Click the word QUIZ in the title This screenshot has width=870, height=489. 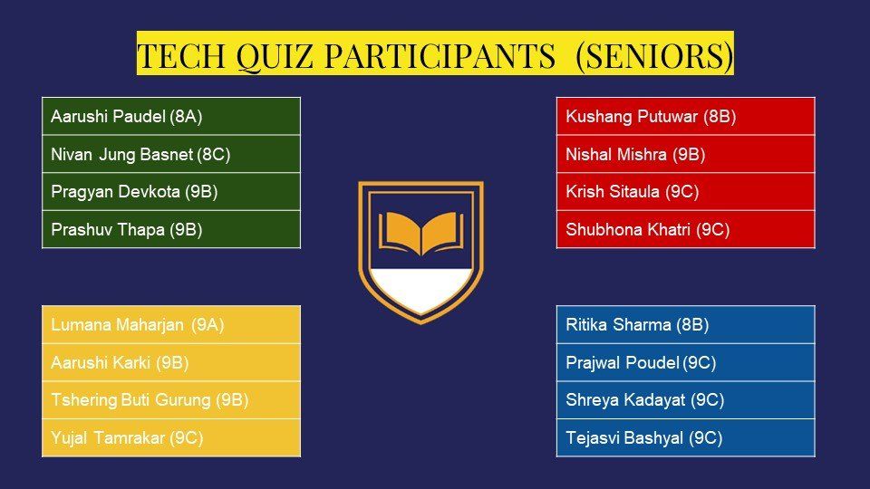pyautogui.click(x=274, y=56)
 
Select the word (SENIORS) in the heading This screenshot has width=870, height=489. pyautogui.click(x=654, y=56)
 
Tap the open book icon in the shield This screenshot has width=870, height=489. pyautogui.click(x=421, y=233)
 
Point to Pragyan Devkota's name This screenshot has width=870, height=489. pyautogui.click(x=115, y=192)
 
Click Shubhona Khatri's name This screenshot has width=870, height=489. pyautogui.click(x=628, y=229)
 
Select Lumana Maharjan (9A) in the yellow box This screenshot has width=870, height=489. pyautogui.click(x=138, y=325)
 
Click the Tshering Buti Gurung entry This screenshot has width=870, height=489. pyautogui.click(x=130, y=399)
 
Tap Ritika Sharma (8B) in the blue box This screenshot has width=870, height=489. pyautogui.click(x=637, y=325)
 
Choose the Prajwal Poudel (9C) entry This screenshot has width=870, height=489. pyautogui.click(x=641, y=362)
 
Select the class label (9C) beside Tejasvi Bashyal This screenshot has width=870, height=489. pyautogui.click(x=706, y=438)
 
